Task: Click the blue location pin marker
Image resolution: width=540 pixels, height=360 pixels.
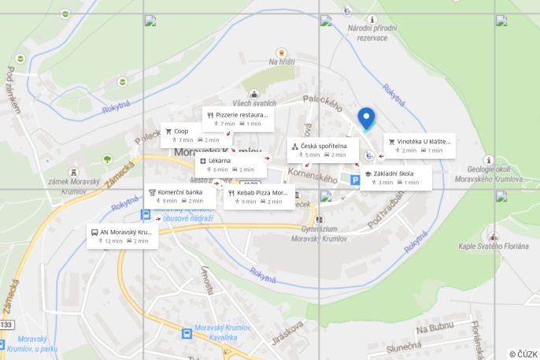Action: (x=366, y=119)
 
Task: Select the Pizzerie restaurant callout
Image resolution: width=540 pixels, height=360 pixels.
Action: (x=238, y=119)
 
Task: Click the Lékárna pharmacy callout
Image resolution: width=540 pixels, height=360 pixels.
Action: (x=231, y=165)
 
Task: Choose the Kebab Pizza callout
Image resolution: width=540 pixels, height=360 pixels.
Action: (x=259, y=197)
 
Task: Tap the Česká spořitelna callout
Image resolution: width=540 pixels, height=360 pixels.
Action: (x=322, y=150)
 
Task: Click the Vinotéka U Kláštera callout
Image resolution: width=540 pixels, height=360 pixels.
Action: (x=420, y=146)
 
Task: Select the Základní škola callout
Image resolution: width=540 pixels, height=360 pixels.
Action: (x=397, y=177)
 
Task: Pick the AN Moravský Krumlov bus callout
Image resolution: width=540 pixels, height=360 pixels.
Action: (x=122, y=236)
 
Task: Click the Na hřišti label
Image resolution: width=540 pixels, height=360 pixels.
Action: (x=282, y=61)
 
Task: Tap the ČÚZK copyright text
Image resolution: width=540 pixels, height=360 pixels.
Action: (x=523, y=354)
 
